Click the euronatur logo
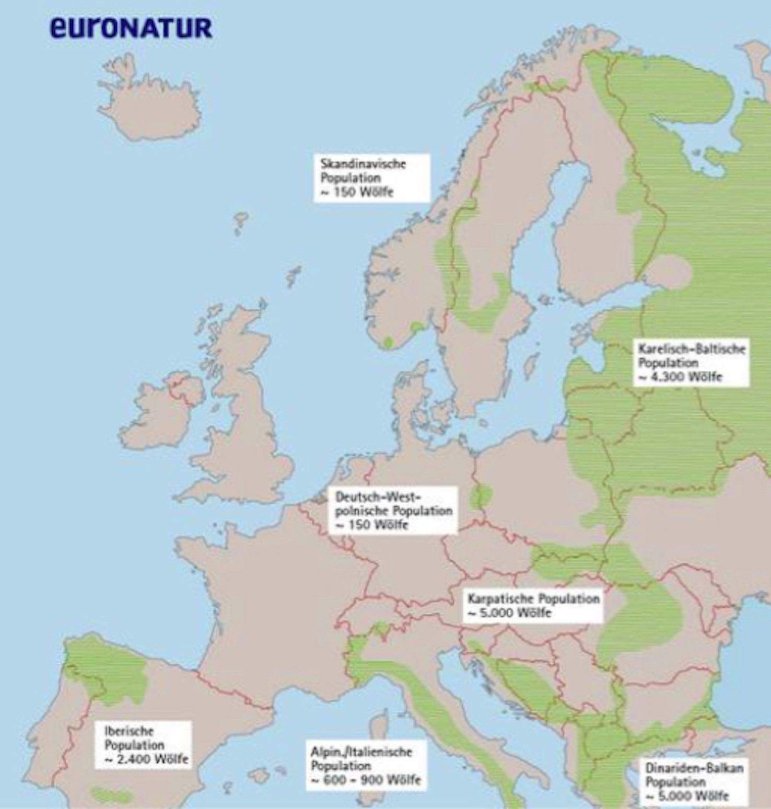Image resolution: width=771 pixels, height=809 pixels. (131, 27)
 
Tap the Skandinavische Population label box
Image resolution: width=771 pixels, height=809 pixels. (371, 178)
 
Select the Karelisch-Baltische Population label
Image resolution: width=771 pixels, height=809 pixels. (691, 362)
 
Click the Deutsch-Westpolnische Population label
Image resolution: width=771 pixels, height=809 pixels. (393, 510)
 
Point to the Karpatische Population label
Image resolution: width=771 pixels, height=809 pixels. (533, 605)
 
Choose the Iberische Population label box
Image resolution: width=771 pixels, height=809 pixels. (143, 745)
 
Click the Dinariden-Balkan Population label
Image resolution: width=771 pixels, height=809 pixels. (694, 781)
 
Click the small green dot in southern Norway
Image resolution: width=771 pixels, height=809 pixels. (388, 342)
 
